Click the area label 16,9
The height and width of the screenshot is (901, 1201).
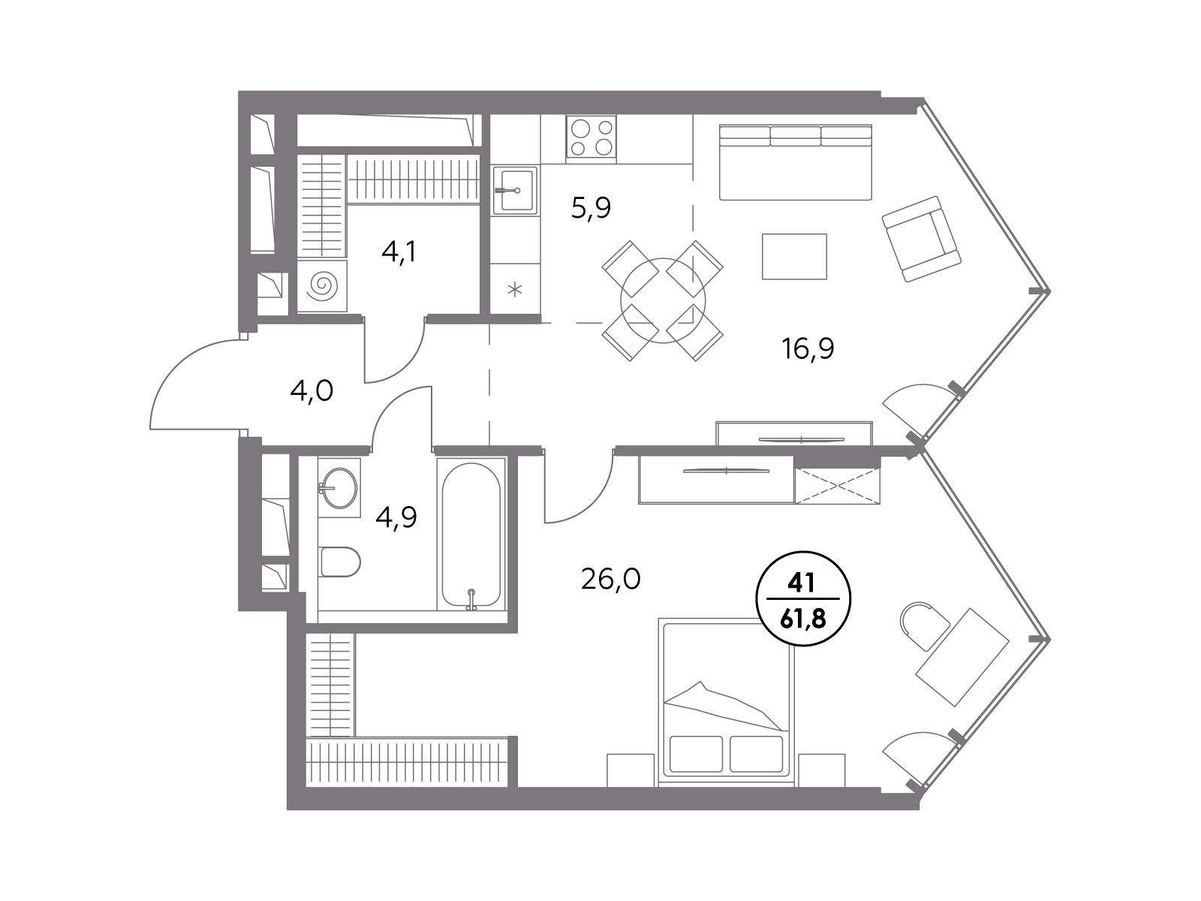(808, 348)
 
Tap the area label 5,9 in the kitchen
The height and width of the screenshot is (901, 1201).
(591, 208)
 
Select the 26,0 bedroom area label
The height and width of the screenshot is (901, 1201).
(610, 580)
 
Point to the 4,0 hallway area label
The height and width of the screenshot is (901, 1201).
(312, 392)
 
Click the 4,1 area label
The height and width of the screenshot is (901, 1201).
(399, 252)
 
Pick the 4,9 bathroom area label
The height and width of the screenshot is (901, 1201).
(396, 517)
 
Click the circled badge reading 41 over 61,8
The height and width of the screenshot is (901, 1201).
(802, 598)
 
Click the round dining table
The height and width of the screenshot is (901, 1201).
(663, 300)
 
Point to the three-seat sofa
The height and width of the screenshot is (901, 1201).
(796, 162)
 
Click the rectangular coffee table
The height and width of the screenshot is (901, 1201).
(794, 257)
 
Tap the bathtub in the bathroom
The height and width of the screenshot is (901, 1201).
(471, 535)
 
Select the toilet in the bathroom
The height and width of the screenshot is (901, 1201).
(340, 562)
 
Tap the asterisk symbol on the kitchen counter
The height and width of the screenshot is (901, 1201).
(514, 289)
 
